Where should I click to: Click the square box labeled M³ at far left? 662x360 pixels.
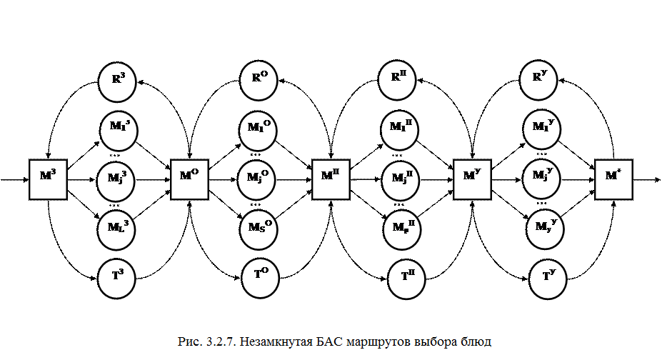click(48, 179)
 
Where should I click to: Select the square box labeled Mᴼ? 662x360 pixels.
click(189, 179)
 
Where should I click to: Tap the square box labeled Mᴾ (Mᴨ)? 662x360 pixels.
click(331, 179)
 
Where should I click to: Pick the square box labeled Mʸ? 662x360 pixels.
click(472, 179)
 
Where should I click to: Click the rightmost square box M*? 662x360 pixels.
click(613, 179)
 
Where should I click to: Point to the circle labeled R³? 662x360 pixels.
click(118, 83)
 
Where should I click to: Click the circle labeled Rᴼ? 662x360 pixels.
click(260, 83)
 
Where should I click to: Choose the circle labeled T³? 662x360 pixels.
click(118, 279)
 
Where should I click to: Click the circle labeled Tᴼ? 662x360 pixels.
click(260, 278)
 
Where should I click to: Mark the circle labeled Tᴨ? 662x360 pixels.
click(407, 279)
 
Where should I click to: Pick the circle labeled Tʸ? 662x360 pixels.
click(548, 279)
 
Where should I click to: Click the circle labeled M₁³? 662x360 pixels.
click(119, 131)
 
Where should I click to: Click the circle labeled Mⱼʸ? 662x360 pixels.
click(541, 179)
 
